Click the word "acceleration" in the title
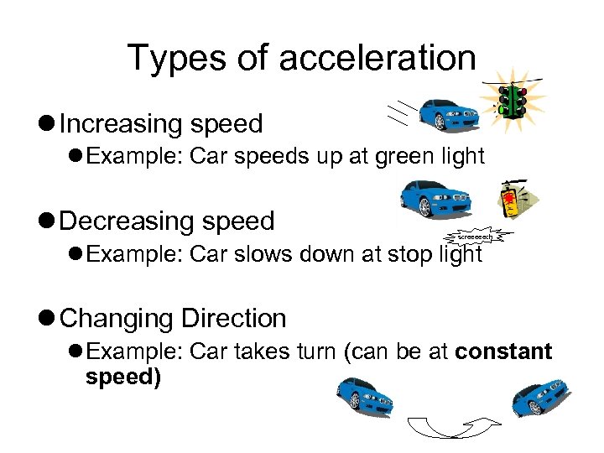click(377, 58)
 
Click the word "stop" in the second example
click(395, 254)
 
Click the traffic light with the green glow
click(512, 102)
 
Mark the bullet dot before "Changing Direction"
click(49, 319)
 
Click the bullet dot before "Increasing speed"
click(49, 124)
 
